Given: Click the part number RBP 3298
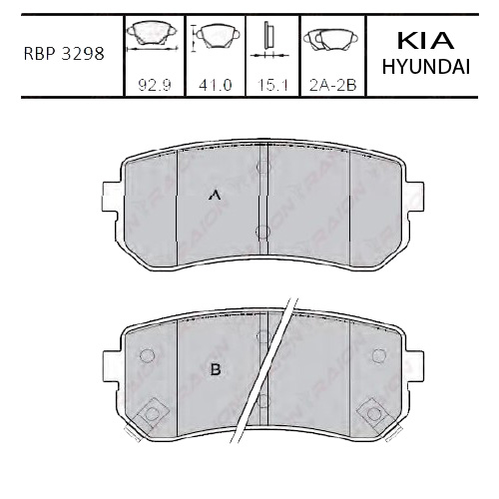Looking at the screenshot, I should (x=63, y=54).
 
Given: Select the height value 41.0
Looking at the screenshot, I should (x=216, y=85).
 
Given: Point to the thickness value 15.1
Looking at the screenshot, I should (x=272, y=85).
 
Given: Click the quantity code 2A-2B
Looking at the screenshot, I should (x=332, y=85).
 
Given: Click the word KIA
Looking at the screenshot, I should (x=427, y=41).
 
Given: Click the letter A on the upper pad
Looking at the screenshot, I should (x=214, y=196).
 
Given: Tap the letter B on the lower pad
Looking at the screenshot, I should (x=215, y=371).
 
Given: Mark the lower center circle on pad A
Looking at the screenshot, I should (x=262, y=233).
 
